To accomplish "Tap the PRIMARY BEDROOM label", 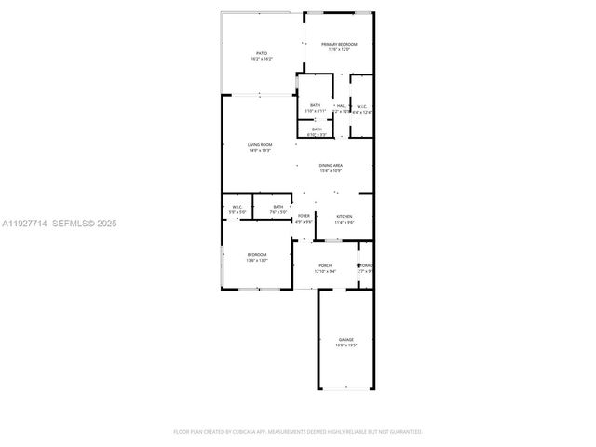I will [339, 44].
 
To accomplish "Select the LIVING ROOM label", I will [260, 144].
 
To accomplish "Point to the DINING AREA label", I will [332, 166].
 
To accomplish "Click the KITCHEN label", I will [345, 216].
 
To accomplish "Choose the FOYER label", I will [304, 216].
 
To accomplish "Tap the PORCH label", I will [325, 265].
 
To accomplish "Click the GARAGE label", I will [345, 339].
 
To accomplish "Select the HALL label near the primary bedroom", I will [342, 106].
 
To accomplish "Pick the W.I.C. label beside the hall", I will [361, 106].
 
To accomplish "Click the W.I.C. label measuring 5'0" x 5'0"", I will [237, 207].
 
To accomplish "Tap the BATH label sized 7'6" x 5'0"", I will [278, 207].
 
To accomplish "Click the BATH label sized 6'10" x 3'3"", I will [317, 129].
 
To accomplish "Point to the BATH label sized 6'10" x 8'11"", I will [315, 106].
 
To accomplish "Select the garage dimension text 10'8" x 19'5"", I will [345, 345].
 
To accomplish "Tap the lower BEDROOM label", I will [256, 255].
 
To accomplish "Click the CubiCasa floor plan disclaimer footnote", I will [298, 432].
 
